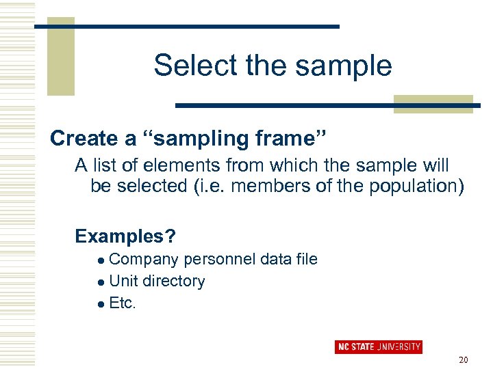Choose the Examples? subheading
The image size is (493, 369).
click(125, 236)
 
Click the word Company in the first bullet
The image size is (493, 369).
click(144, 260)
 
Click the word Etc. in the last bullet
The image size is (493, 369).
click(123, 303)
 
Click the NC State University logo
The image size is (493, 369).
click(379, 346)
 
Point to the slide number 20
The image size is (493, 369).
click(464, 360)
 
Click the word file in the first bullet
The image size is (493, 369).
click(306, 260)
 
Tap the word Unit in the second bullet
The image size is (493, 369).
click(123, 282)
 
